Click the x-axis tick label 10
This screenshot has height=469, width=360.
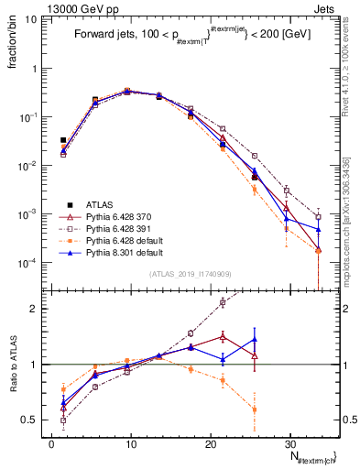131,442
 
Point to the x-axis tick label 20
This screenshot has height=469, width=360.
211,442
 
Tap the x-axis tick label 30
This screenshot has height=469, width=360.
290,442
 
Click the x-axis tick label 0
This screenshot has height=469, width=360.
51,442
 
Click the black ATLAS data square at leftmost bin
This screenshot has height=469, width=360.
63,140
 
